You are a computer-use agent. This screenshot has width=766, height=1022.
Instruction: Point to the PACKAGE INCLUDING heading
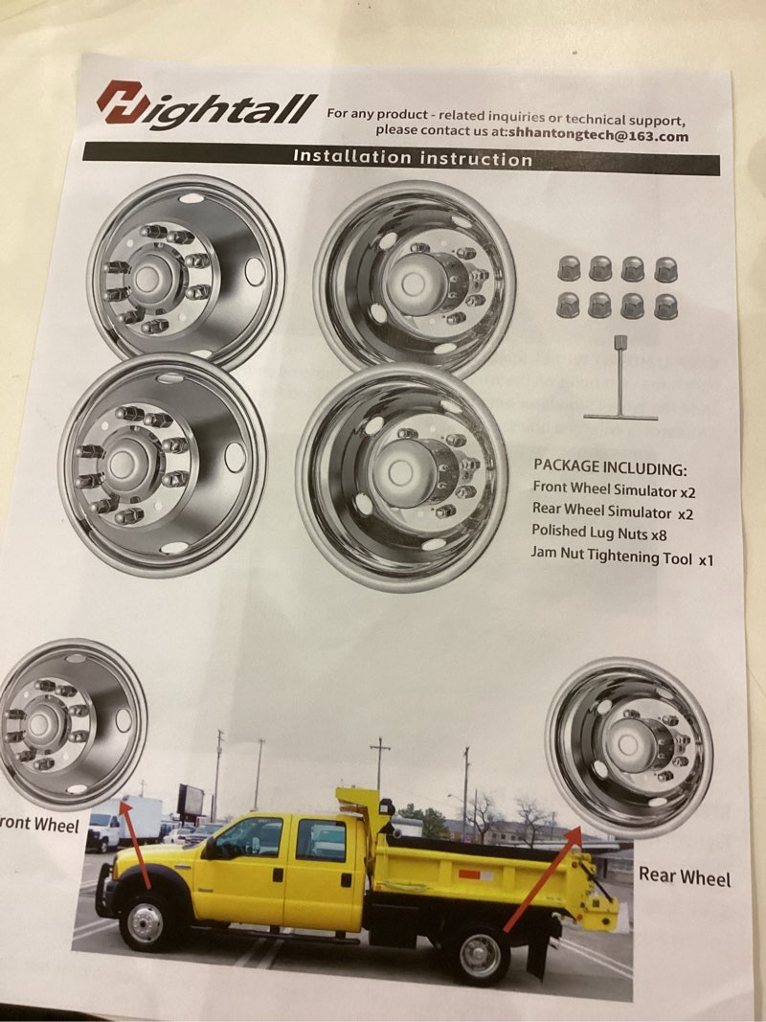pyautogui.click(x=610, y=467)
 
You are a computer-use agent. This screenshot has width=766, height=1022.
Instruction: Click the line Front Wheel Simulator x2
pyautogui.click(x=614, y=490)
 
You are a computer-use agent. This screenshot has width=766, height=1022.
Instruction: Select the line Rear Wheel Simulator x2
pyautogui.click(x=613, y=513)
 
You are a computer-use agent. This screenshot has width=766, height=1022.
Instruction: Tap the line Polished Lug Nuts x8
pyautogui.click(x=600, y=534)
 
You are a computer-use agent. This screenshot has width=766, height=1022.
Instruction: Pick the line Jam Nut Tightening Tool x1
pyautogui.click(x=622, y=557)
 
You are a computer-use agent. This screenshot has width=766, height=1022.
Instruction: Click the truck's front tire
pyautogui.click(x=146, y=920)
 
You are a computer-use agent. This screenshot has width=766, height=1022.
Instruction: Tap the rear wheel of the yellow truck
pyautogui.click(x=480, y=954)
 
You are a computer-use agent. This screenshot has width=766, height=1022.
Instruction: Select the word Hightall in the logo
pyautogui.click(x=230, y=107)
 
